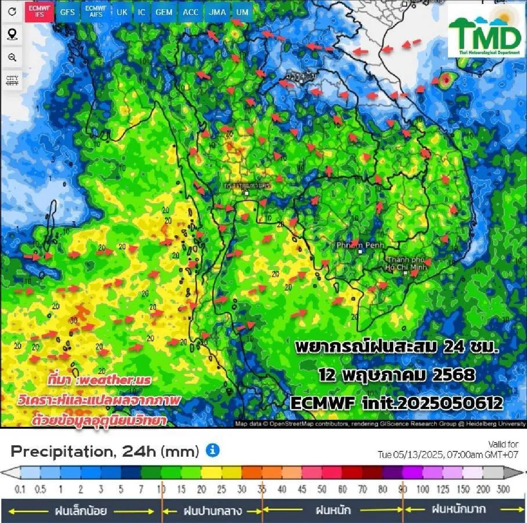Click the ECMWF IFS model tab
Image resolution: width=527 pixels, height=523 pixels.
[40, 11]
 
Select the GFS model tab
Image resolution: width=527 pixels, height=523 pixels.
[67, 12]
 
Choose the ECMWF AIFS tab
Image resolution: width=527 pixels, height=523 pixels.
[96, 11]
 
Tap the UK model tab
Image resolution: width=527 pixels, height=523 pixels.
[122, 12]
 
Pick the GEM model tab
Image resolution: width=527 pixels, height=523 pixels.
[164, 12]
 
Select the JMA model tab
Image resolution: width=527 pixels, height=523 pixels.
[217, 12]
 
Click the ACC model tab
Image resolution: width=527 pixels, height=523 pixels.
[191, 12]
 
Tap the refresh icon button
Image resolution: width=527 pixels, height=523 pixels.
[12, 11]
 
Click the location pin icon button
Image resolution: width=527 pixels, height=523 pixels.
[12, 34]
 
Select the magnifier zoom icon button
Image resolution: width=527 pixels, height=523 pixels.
[12, 57]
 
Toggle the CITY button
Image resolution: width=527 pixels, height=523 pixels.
[12, 80]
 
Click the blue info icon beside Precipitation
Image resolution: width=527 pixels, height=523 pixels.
[213, 451]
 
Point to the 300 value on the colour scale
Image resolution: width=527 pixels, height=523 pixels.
[503, 489]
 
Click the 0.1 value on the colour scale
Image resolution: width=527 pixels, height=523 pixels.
[20, 489]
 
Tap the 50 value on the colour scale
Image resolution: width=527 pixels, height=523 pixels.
[322, 489]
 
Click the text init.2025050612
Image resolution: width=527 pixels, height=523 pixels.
[432, 403]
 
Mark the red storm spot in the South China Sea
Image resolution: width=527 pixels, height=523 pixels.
[446, 80]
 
